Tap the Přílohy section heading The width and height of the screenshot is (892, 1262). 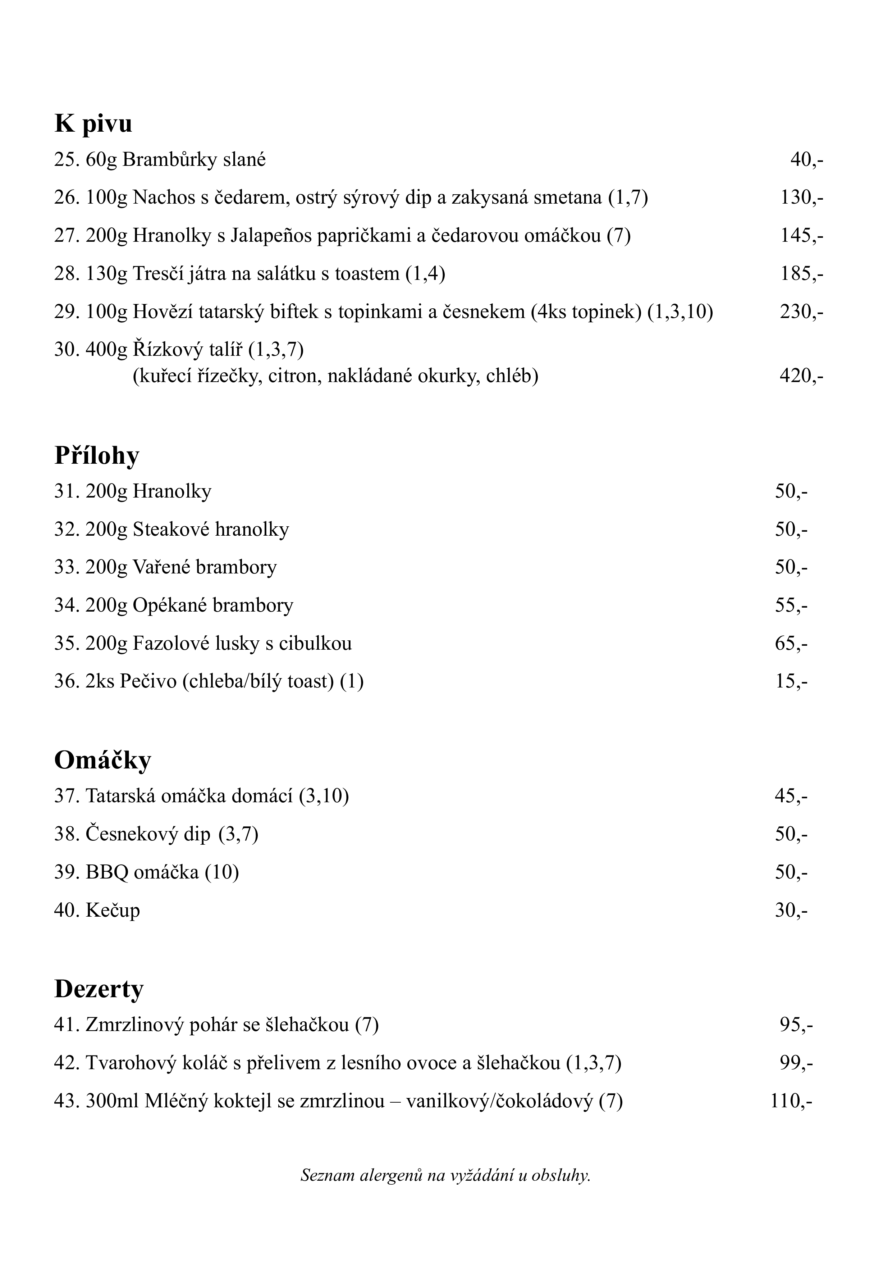tap(97, 456)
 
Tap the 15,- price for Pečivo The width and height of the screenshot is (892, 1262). tap(791, 682)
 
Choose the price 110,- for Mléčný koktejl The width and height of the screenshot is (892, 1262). tap(791, 1101)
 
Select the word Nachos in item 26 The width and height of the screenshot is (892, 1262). tap(159, 198)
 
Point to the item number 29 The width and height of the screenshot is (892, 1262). tap(67, 312)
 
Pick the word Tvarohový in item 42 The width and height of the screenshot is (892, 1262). tap(131, 1063)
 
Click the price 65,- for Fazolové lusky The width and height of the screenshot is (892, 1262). tap(791, 643)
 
